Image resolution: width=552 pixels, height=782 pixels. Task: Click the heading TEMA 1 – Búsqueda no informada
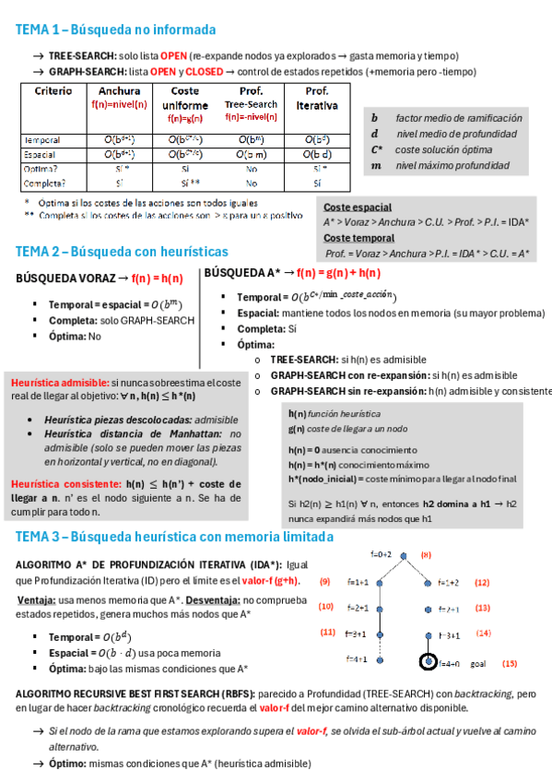[115, 30]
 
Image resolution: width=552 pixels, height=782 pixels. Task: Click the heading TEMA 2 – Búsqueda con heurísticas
[122, 251]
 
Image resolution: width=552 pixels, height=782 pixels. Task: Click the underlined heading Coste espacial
[358, 207]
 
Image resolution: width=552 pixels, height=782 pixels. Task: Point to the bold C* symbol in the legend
[377, 149]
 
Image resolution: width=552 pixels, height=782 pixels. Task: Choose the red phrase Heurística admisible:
[58, 382]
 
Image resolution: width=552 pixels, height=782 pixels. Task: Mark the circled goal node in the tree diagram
[429, 662]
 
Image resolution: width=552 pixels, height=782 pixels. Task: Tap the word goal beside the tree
[476, 663]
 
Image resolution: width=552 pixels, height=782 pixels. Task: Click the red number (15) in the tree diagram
[509, 663]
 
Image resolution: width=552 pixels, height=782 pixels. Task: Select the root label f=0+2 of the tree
[382, 555]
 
